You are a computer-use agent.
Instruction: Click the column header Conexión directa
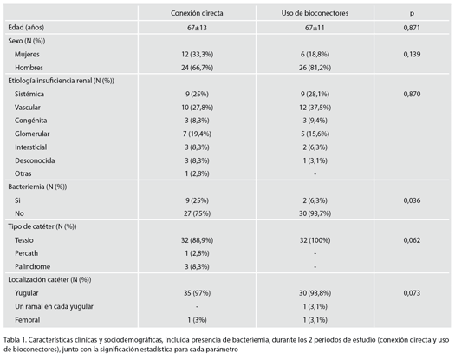coord(197,13)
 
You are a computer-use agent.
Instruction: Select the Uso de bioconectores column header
coord(315,13)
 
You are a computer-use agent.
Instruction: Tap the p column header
coord(412,14)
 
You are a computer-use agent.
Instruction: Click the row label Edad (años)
coord(26,28)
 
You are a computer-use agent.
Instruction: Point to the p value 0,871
coord(412,28)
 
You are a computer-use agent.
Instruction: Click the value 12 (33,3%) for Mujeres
coord(197,55)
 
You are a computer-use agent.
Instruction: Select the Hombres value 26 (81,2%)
coord(315,68)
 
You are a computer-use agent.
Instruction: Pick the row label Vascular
coord(28,108)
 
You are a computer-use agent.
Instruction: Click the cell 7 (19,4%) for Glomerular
coord(197,134)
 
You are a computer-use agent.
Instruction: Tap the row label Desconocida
coord(35,160)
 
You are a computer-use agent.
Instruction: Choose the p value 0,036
coord(412,200)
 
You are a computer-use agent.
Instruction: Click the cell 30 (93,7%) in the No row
coord(315,213)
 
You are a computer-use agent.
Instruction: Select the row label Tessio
coord(24,240)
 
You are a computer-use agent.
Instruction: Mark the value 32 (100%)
coord(315,240)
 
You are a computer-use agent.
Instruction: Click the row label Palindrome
coord(33,266)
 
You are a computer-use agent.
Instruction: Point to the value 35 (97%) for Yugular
coord(197,293)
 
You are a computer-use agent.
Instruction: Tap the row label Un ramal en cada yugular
coord(54,306)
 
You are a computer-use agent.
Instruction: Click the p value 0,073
coord(412,293)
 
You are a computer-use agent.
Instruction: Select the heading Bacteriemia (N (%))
coord(37,187)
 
